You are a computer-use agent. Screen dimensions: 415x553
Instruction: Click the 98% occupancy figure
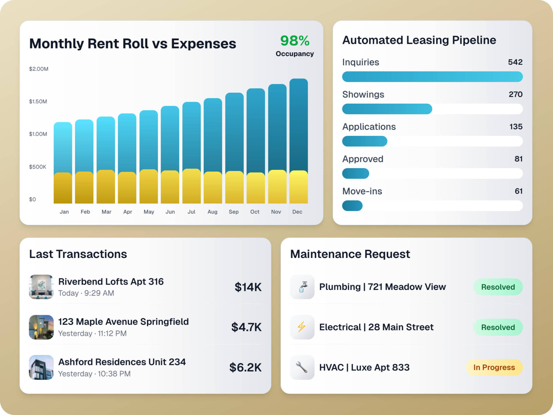[294, 41]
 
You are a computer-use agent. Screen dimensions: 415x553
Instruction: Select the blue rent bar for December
[299, 124]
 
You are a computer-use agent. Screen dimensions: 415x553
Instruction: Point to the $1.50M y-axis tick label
[38, 101]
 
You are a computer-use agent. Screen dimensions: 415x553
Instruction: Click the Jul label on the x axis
[191, 212]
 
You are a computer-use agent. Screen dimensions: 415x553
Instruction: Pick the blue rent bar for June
[170, 138]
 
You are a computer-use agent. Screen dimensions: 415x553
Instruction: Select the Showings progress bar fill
[387, 109]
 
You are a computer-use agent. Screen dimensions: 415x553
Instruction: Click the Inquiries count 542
[515, 62]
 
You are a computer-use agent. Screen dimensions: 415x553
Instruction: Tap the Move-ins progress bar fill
[352, 206]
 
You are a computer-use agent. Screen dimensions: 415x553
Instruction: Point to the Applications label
[369, 127]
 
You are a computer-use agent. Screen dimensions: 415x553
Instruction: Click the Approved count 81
[518, 159]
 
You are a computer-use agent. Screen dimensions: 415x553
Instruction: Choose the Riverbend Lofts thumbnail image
[41, 287]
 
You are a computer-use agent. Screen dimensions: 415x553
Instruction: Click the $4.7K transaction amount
[246, 327]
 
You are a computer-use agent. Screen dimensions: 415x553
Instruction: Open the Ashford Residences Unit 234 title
[122, 362]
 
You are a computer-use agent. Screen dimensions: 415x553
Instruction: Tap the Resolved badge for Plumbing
[498, 287]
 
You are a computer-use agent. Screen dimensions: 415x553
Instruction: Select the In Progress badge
[494, 367]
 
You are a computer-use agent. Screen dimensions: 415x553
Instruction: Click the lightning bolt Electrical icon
[302, 327]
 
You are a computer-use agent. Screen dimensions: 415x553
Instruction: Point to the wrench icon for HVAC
[302, 367]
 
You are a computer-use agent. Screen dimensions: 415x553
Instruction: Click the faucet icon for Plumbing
[302, 287]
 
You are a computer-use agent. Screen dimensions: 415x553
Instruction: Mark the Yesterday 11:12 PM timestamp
[92, 333]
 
